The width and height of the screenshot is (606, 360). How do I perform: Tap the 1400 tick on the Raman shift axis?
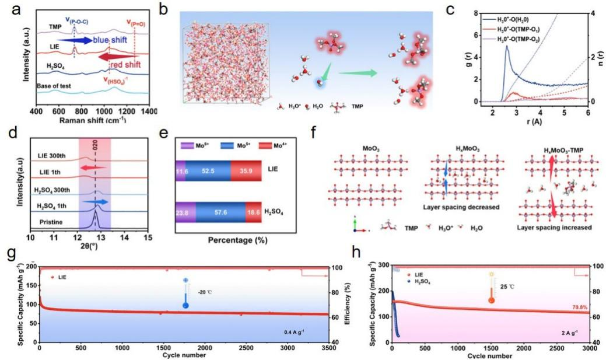click(149, 110)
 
